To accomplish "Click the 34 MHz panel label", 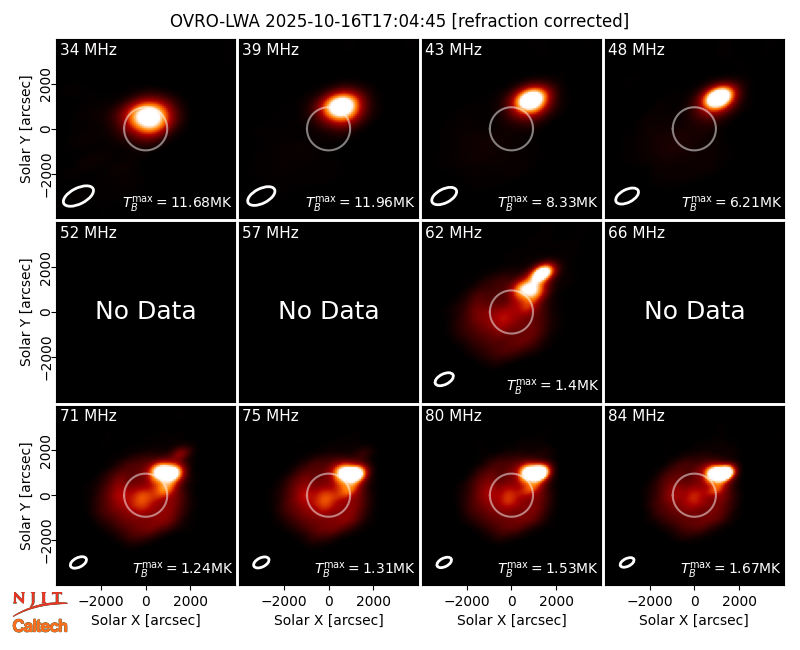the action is pyautogui.click(x=88, y=49).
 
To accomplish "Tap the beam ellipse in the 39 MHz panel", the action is pyautogui.click(x=261, y=196).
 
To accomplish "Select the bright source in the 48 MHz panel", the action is pyautogui.click(x=719, y=97).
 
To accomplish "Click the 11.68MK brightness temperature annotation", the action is pyautogui.click(x=177, y=202).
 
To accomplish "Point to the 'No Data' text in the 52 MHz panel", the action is pyautogui.click(x=146, y=310).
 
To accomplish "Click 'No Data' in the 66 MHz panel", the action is pyautogui.click(x=694, y=310).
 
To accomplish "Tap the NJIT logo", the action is pyautogui.click(x=39, y=602).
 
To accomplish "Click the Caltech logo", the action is pyautogui.click(x=40, y=626).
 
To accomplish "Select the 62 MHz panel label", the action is pyautogui.click(x=454, y=233).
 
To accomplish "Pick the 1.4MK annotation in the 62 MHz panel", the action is pyautogui.click(x=552, y=385).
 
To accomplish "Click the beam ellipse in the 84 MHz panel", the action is pyautogui.click(x=627, y=562).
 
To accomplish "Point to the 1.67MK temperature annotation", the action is pyautogui.click(x=731, y=568).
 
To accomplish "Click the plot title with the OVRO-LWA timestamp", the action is pyautogui.click(x=399, y=21).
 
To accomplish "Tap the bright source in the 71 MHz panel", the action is pyautogui.click(x=167, y=473).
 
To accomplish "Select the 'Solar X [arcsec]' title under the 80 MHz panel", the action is pyautogui.click(x=512, y=620).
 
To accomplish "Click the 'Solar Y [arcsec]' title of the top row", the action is pyautogui.click(x=25, y=130).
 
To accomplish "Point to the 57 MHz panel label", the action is pyautogui.click(x=270, y=233).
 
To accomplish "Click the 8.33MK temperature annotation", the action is pyautogui.click(x=547, y=202).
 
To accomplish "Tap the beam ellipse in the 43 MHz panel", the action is pyautogui.click(x=444, y=196).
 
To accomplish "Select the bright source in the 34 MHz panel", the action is pyautogui.click(x=149, y=117).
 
